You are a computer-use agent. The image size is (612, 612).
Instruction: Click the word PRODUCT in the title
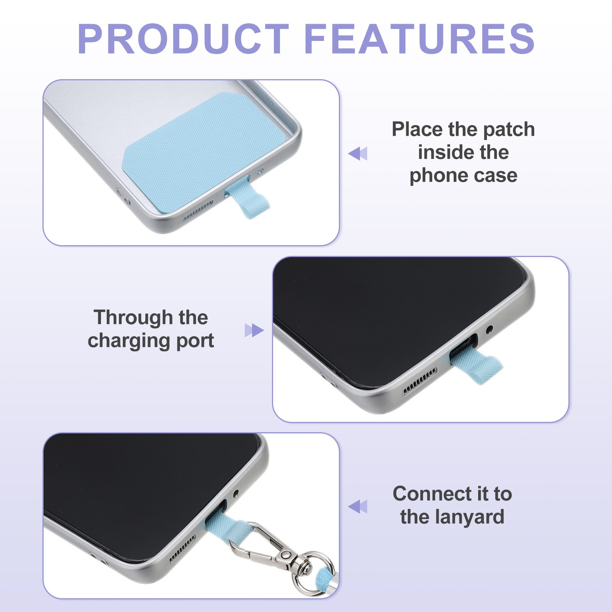pyautogui.click(x=183, y=39)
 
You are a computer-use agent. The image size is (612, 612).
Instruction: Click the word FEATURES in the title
pyautogui.click(x=420, y=39)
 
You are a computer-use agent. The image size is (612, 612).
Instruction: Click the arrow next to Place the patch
pyautogui.click(x=358, y=153)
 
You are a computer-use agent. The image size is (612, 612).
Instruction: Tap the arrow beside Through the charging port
pyautogui.click(x=254, y=330)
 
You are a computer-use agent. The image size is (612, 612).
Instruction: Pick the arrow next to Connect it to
pyautogui.click(x=358, y=506)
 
